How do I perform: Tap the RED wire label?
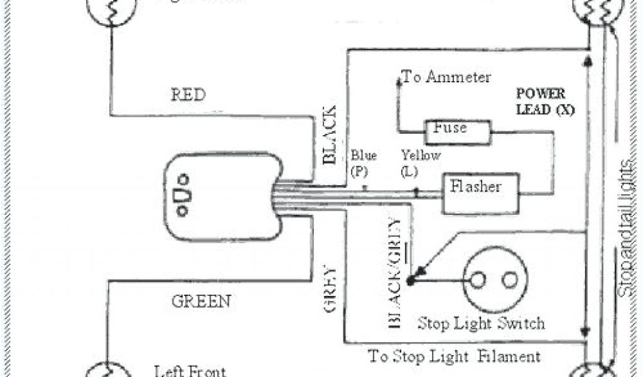(188, 95)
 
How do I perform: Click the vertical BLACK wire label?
(330, 134)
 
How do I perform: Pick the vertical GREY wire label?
(331, 290)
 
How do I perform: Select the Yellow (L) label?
(421, 162)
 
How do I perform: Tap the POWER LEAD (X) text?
(541, 101)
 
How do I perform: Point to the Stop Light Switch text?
(481, 324)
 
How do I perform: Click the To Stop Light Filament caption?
(454, 357)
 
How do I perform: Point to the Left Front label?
(190, 371)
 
